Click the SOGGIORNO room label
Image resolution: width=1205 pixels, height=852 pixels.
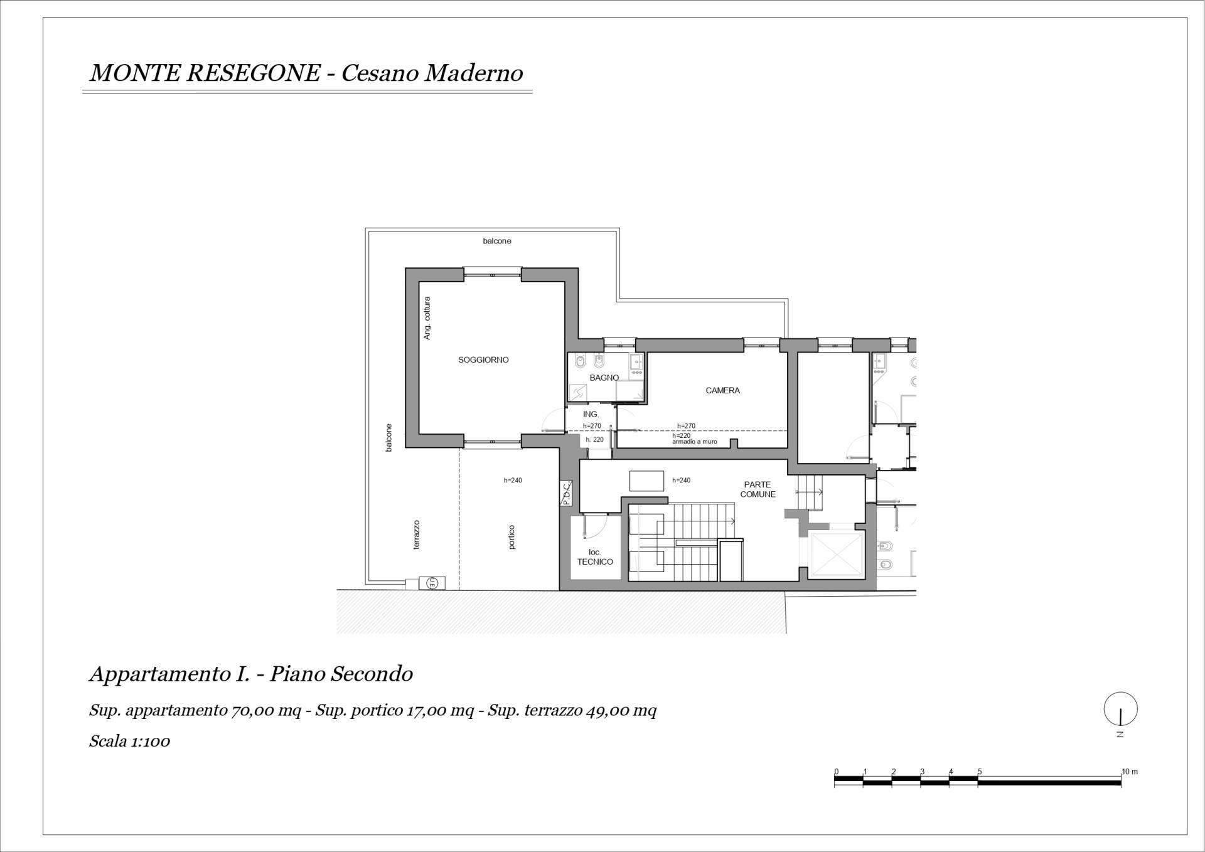coord(483,360)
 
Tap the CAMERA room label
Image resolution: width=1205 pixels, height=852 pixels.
coord(722,390)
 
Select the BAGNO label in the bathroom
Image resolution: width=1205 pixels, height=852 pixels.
coord(604,378)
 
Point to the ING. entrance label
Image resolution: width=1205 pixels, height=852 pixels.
coord(591,414)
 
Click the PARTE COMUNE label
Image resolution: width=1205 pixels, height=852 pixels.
coord(758,489)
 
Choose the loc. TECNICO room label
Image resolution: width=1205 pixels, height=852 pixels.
coord(595,557)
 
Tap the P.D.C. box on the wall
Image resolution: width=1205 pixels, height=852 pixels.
coord(566,493)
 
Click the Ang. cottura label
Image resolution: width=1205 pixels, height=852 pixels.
coord(427,318)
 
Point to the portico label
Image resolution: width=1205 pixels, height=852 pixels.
coord(511,537)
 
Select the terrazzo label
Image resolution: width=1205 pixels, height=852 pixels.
coord(416,535)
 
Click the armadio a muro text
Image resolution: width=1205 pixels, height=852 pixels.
coord(694,442)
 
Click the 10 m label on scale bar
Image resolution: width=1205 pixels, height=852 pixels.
coord(1130,772)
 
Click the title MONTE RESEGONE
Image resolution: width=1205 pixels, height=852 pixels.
coord(205,73)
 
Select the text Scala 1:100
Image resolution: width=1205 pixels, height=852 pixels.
coord(130,741)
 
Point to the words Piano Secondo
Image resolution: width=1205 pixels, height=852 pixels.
coord(341,674)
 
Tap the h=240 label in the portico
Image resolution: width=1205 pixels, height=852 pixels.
coord(513,481)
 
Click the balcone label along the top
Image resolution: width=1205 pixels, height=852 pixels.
coord(497,241)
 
